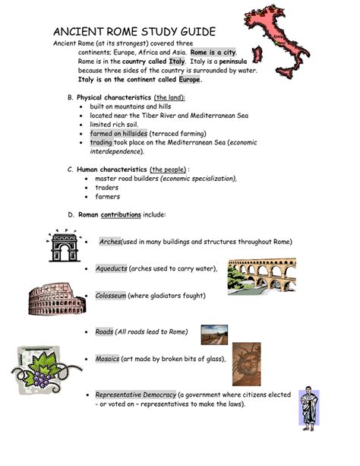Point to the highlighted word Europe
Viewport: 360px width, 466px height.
(190, 80)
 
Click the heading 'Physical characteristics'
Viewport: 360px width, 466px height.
(112, 98)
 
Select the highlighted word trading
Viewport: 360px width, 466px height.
(100, 142)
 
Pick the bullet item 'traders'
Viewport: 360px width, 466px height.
(107, 188)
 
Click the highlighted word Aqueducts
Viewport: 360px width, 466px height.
(111, 269)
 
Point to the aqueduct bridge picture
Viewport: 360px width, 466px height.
(261, 275)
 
